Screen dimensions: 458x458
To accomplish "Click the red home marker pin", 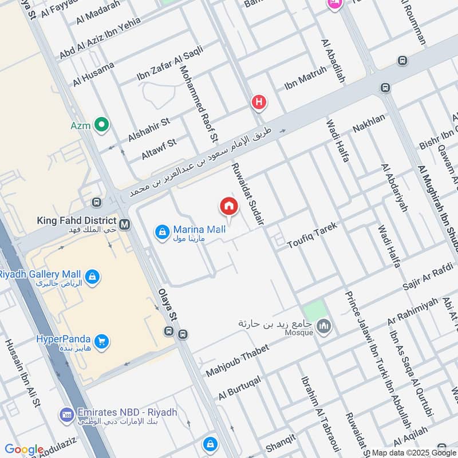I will coord(228,206).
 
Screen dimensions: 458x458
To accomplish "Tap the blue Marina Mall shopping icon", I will coord(162,231).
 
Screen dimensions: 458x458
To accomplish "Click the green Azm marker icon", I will coord(102,124).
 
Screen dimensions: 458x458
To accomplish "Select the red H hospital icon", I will coord(259,103).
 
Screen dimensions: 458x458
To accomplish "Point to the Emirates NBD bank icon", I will coord(66,414).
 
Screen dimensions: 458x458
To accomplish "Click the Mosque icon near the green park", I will coord(324,327).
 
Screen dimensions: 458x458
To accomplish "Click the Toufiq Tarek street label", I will coord(312,234).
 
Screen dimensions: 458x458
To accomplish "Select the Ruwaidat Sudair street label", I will coord(247,194).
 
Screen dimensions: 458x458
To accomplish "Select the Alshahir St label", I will coord(149,129).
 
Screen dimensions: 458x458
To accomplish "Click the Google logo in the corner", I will coord(24,449).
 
